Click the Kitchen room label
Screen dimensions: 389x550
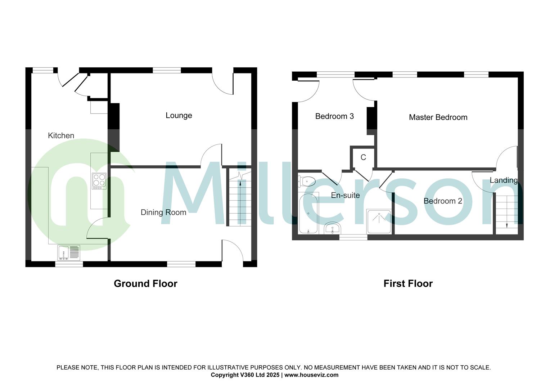tap(61, 135)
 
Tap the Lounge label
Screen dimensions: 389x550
tap(179, 115)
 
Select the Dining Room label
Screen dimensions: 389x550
tap(163, 212)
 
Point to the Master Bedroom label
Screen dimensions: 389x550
tap(438, 117)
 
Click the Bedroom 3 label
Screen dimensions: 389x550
tap(334, 116)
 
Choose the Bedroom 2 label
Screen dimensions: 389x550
tap(443, 201)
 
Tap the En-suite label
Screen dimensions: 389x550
tap(345, 195)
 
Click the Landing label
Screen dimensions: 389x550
tap(504, 180)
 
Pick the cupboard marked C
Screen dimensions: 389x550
tap(363, 157)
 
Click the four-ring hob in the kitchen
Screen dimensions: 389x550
tap(99, 181)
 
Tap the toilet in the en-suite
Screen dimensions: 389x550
tap(307, 181)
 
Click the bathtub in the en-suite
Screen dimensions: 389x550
tap(308, 213)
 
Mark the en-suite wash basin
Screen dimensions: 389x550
tap(333, 228)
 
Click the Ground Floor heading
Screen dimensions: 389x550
tap(145, 283)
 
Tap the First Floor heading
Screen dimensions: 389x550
tap(408, 283)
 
